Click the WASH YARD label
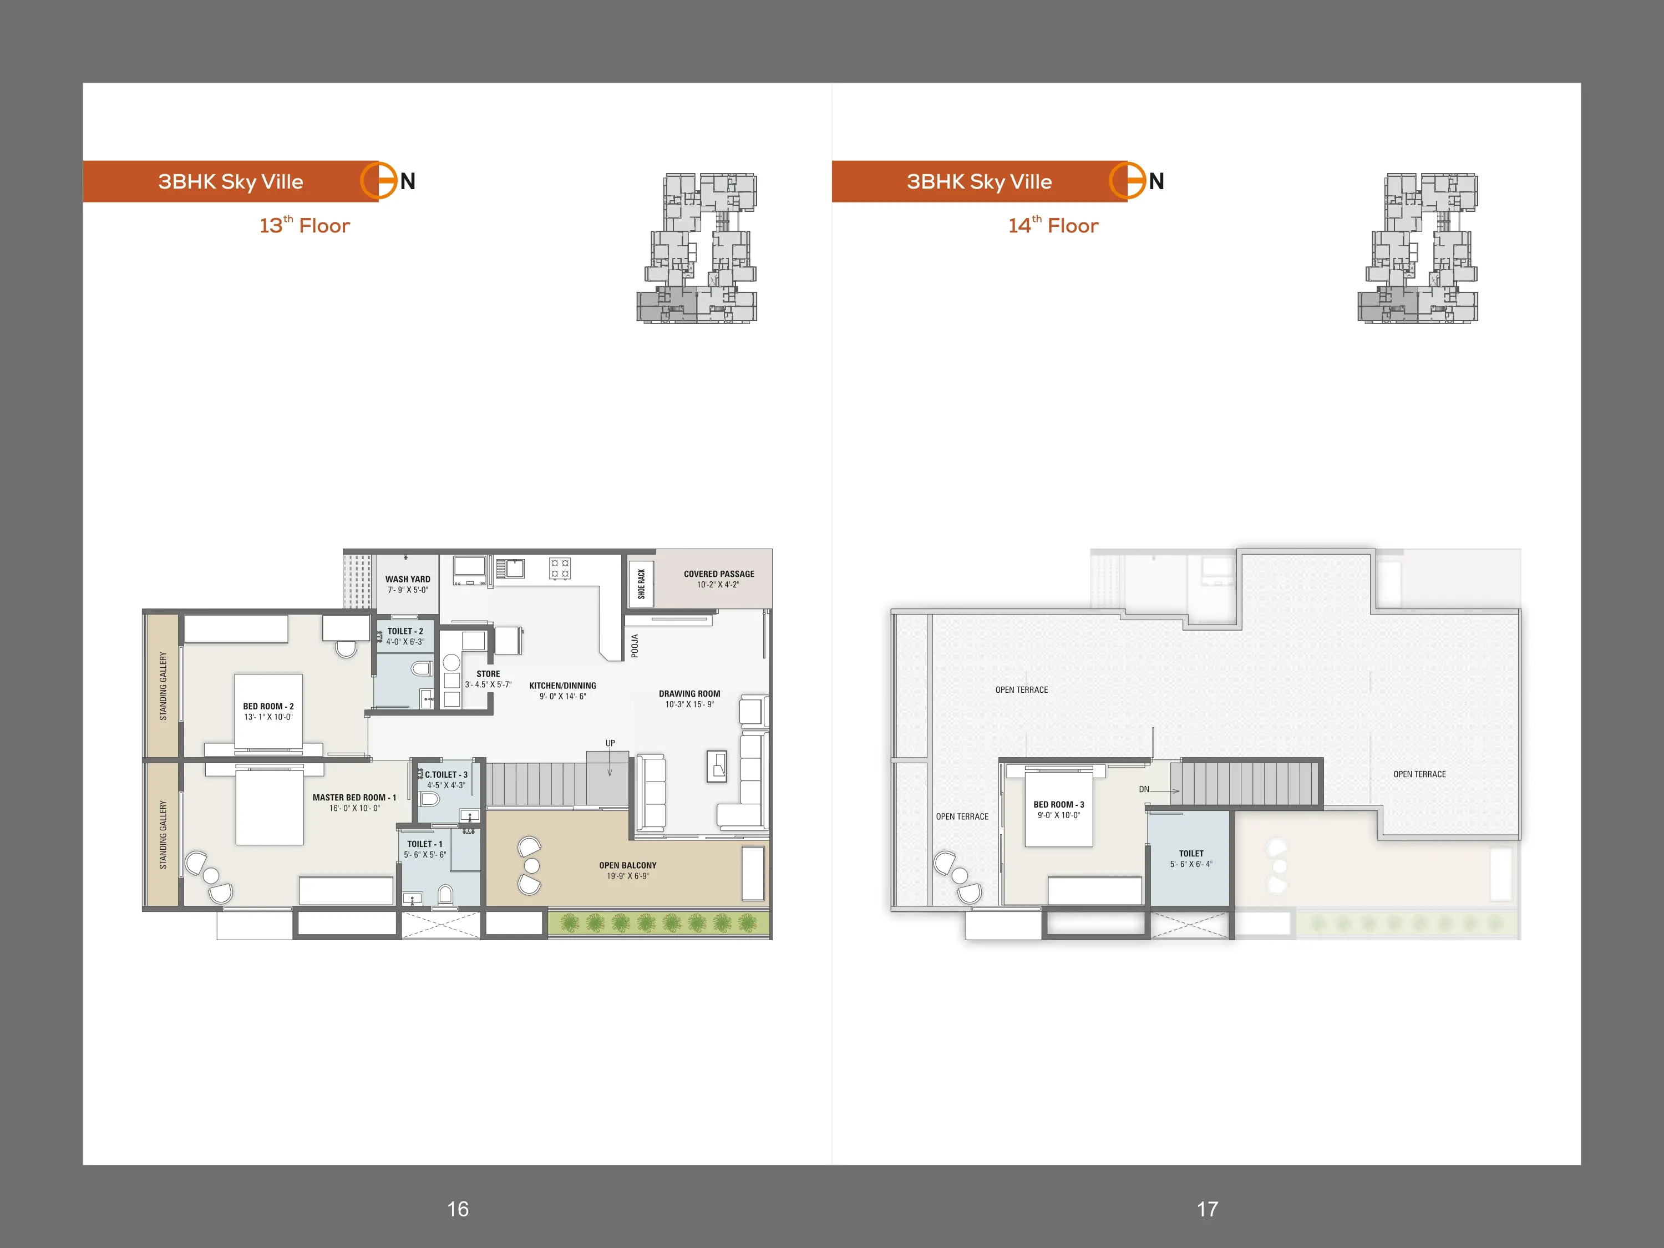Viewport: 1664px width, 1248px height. pos(408,579)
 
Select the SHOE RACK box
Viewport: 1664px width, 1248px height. pos(641,584)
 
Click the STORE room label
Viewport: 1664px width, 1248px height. pos(488,674)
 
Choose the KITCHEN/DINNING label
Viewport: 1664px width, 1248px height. pos(562,686)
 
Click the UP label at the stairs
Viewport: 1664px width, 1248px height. pos(610,743)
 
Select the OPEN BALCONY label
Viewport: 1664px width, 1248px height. pos(627,865)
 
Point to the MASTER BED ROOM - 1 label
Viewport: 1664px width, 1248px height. pos(354,798)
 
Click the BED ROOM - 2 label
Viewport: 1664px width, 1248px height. pos(268,707)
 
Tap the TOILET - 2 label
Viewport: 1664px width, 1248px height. pos(405,631)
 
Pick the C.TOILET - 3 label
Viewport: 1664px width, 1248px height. pos(446,775)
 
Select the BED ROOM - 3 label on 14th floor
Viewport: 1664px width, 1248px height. pos(1058,805)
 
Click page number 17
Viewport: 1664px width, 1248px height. pos(1208,1209)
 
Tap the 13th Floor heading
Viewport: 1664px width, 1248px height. pos(305,225)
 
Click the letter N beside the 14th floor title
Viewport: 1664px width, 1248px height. pos(1156,181)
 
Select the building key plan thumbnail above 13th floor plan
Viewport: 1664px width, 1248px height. pos(697,248)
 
